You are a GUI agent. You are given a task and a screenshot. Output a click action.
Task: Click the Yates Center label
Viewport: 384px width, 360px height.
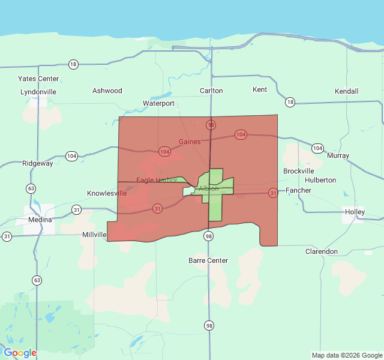(x=38, y=79)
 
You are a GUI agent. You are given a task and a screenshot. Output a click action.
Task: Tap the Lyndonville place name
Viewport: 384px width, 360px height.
(x=38, y=92)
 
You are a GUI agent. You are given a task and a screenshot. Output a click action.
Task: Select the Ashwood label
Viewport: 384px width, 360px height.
(x=107, y=91)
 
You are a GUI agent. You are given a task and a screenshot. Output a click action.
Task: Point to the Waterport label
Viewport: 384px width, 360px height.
(x=158, y=103)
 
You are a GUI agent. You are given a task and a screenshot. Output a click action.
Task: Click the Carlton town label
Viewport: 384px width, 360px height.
(x=211, y=91)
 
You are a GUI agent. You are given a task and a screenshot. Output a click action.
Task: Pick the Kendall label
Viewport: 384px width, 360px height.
(x=347, y=91)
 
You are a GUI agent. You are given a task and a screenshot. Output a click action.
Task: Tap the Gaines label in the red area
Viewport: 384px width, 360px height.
(x=190, y=142)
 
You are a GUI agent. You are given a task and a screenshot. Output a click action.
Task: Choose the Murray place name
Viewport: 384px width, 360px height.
(x=338, y=155)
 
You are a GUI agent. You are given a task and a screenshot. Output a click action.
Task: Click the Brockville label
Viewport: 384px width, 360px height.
(x=299, y=171)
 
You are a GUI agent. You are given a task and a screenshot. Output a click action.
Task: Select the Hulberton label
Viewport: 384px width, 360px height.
(x=320, y=180)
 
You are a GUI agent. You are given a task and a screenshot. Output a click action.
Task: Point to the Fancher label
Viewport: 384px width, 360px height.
(x=298, y=190)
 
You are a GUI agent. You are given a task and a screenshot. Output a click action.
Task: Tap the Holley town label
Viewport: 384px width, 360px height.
(x=355, y=212)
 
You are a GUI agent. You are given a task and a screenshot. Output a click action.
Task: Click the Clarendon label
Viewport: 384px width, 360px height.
(x=322, y=251)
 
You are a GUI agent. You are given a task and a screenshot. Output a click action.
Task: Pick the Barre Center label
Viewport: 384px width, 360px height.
(x=208, y=260)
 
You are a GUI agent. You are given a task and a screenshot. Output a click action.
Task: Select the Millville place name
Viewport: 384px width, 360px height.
(x=94, y=235)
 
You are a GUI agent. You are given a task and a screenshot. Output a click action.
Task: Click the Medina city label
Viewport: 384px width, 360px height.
(x=40, y=220)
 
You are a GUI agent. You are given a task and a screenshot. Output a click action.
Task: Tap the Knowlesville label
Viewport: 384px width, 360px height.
(x=107, y=193)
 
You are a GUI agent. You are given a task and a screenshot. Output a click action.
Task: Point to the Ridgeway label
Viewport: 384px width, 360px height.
(x=38, y=163)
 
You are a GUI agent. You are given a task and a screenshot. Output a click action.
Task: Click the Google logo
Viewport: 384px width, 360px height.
(x=20, y=353)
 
